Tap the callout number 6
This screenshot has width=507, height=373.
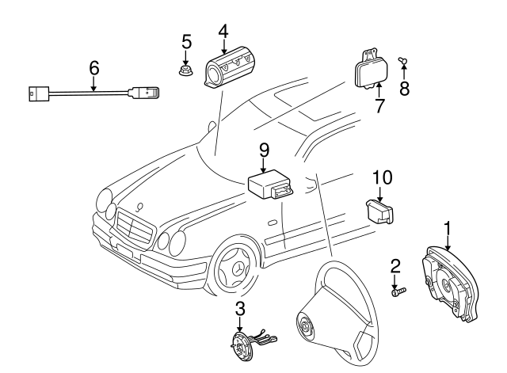(x=94, y=69)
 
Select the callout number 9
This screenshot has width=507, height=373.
(x=265, y=148)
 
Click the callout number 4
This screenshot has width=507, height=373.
(x=223, y=32)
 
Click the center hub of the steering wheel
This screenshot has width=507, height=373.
(x=305, y=325)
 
